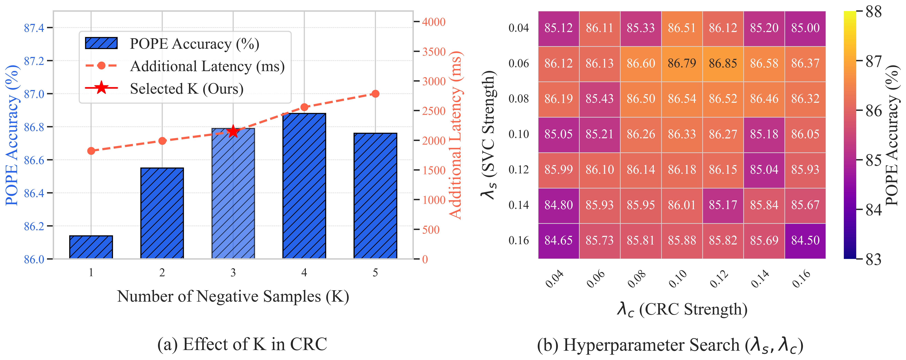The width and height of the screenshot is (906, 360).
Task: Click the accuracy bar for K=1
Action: click(91, 247)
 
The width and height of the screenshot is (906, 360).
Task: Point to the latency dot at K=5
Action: click(375, 94)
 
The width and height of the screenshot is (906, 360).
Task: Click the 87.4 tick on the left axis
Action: click(34, 28)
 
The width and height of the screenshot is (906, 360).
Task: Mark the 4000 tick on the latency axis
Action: click(434, 22)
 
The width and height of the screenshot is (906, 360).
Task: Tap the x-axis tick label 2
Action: click(162, 273)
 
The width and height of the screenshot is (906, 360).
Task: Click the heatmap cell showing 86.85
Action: click(723, 64)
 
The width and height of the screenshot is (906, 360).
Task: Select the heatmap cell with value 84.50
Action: click(805, 241)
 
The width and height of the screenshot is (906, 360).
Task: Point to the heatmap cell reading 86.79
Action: click(682, 64)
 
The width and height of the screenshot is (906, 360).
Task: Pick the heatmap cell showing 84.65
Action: click(558, 241)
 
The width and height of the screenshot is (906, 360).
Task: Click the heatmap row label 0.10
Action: click(518, 134)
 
